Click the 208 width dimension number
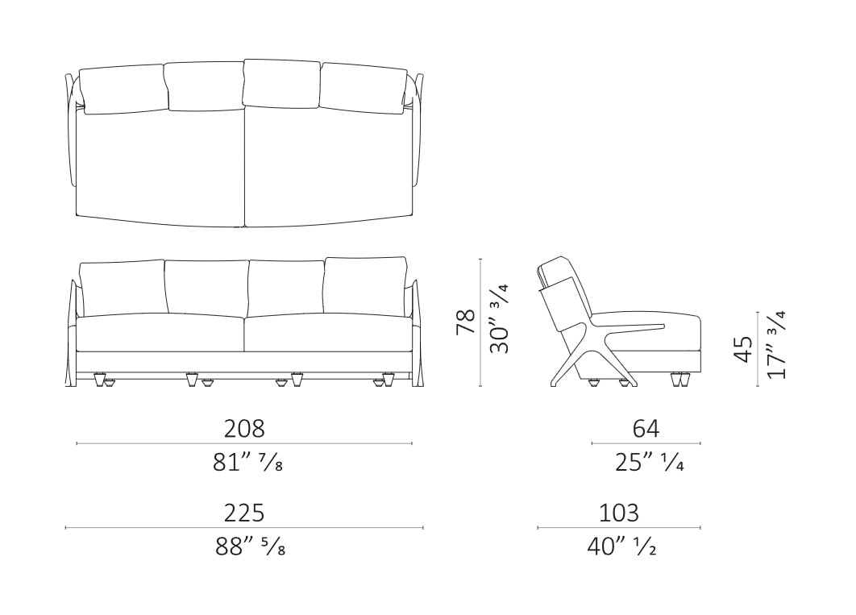(x=244, y=428)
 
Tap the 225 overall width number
(x=244, y=513)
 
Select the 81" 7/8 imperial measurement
(x=247, y=463)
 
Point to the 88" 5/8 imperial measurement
(x=250, y=546)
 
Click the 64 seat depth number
(x=646, y=428)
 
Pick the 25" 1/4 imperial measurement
(x=650, y=463)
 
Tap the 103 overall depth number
(x=619, y=513)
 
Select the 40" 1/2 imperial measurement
(x=621, y=546)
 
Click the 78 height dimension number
(x=466, y=322)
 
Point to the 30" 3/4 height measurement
(x=500, y=318)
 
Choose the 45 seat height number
(x=743, y=349)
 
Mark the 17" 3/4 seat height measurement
(x=776, y=345)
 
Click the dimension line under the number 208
(x=244, y=443)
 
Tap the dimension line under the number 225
(x=244, y=528)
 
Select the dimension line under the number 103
(x=619, y=528)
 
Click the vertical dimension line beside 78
(x=480, y=322)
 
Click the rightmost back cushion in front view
(x=365, y=285)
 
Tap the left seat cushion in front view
(x=160, y=332)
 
